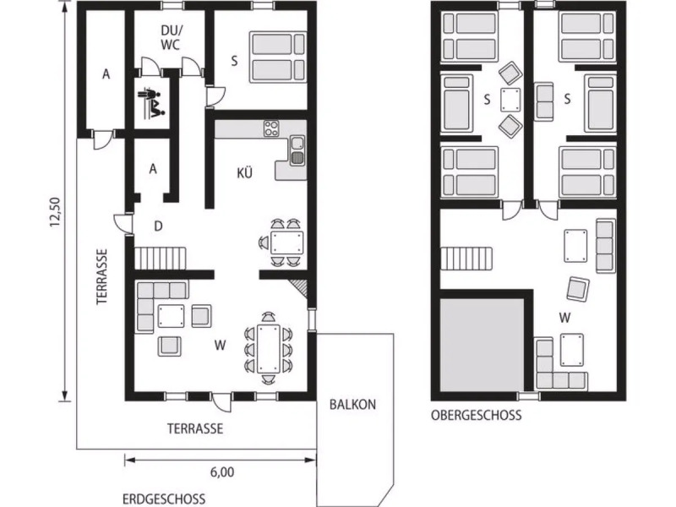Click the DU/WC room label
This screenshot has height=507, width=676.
click(x=171, y=37)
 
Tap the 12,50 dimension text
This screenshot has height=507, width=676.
click(x=56, y=212)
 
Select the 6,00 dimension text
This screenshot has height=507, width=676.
click(x=222, y=472)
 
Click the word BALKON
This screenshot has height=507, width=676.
click(x=352, y=405)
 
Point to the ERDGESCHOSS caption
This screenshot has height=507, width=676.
click(x=164, y=499)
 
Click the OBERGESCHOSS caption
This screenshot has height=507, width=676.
click(x=476, y=415)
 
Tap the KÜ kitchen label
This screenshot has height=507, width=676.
click(x=244, y=173)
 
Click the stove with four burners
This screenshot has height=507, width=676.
click(x=271, y=128)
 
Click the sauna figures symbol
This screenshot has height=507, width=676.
click(x=151, y=102)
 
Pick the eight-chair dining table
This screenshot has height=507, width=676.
click(x=269, y=348)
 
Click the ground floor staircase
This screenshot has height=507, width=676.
click(x=161, y=259)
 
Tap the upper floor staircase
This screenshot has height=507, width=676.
click(x=466, y=259)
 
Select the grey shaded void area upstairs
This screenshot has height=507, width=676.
click(x=482, y=344)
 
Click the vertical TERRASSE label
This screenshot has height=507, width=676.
click(x=101, y=277)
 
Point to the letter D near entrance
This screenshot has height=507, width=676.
click(x=158, y=226)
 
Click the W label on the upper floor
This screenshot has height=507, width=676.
click(x=564, y=319)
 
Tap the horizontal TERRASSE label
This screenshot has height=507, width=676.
click(x=195, y=428)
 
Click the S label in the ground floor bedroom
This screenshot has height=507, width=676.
click(x=234, y=61)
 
